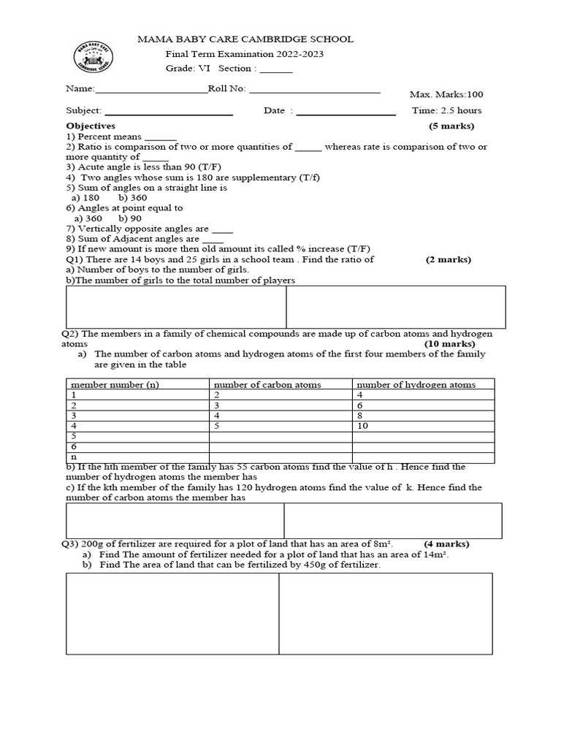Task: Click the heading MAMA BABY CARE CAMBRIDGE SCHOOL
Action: click(x=245, y=39)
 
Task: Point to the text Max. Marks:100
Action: click(x=446, y=94)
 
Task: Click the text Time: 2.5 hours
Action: click(x=446, y=110)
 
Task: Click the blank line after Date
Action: click(x=346, y=113)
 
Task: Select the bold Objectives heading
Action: click(x=91, y=126)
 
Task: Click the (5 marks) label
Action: click(x=451, y=126)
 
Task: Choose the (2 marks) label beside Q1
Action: click(x=449, y=259)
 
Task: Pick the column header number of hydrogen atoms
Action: click(x=416, y=384)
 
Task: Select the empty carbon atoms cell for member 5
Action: click(x=280, y=436)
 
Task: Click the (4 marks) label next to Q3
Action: click(x=446, y=543)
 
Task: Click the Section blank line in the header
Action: click(x=276, y=70)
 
